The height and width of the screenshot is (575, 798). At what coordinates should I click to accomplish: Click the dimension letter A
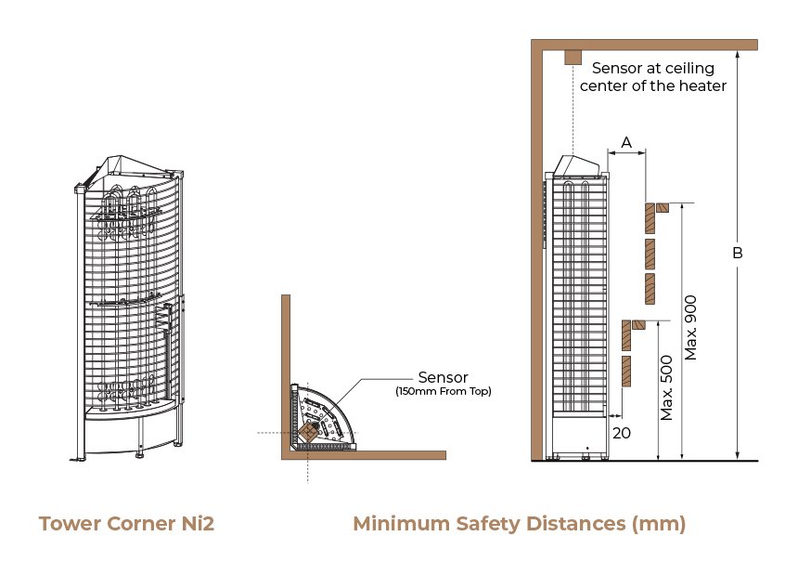pos(626,142)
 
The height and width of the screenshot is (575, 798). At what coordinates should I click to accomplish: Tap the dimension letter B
pos(738,253)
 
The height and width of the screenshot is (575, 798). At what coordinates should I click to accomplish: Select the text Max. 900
pos(690,328)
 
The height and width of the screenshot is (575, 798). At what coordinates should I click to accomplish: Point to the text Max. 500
pos(666,387)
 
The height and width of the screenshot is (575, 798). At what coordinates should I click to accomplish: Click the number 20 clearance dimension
pos(622,433)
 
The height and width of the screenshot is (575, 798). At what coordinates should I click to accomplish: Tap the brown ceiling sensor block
pos(573,57)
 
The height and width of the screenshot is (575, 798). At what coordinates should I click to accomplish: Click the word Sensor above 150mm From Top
pos(443,377)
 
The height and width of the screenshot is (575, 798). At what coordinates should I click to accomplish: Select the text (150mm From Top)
pos(444,391)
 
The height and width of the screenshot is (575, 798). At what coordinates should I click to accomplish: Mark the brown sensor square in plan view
pos(307,432)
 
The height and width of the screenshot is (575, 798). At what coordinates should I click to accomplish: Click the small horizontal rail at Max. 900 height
pos(662,207)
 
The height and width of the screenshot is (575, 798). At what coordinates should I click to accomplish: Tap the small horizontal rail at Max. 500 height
pos(638,324)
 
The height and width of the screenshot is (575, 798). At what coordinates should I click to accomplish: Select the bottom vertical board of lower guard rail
pos(626,371)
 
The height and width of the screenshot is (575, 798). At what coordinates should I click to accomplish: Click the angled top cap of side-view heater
pos(576,165)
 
